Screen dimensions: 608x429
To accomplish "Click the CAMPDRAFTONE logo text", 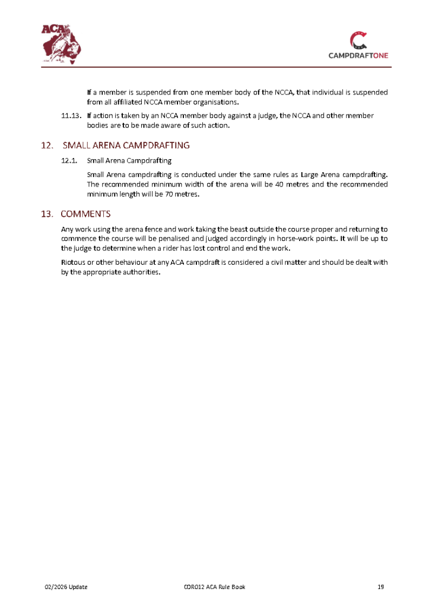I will pos(358,56).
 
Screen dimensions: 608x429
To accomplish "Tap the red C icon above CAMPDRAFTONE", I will pos(358,40).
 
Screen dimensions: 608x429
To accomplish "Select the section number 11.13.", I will pos(71,116).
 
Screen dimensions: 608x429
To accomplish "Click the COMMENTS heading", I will pos(85,214).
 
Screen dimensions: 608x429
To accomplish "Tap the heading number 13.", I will pos(47,214).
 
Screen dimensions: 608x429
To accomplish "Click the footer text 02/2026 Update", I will pos(66,587).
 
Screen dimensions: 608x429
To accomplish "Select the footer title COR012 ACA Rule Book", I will pos(214,587).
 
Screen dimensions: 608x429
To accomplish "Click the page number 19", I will pos(381,587).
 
